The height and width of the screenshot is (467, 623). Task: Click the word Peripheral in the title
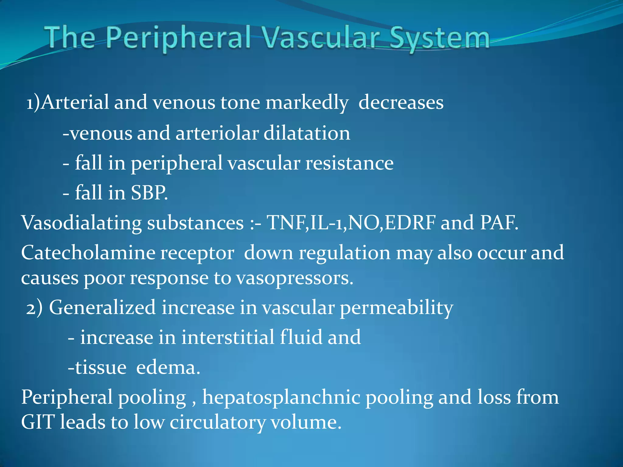coord(178,38)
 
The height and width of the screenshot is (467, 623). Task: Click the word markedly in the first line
coord(307,102)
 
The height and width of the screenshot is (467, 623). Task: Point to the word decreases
coord(401,102)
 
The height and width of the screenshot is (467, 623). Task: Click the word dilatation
coord(307,133)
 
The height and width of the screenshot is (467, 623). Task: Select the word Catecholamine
coord(88,253)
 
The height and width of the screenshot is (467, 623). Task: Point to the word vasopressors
coord(294,278)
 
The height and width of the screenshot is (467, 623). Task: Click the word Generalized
coord(103,307)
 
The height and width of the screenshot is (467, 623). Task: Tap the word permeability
coord(396,308)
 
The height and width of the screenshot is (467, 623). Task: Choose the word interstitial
coord(228,337)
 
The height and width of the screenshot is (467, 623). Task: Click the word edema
coord(168,368)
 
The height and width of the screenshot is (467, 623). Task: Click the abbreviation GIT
coord(38,422)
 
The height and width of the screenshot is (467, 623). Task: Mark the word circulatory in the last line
coord(217,423)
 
